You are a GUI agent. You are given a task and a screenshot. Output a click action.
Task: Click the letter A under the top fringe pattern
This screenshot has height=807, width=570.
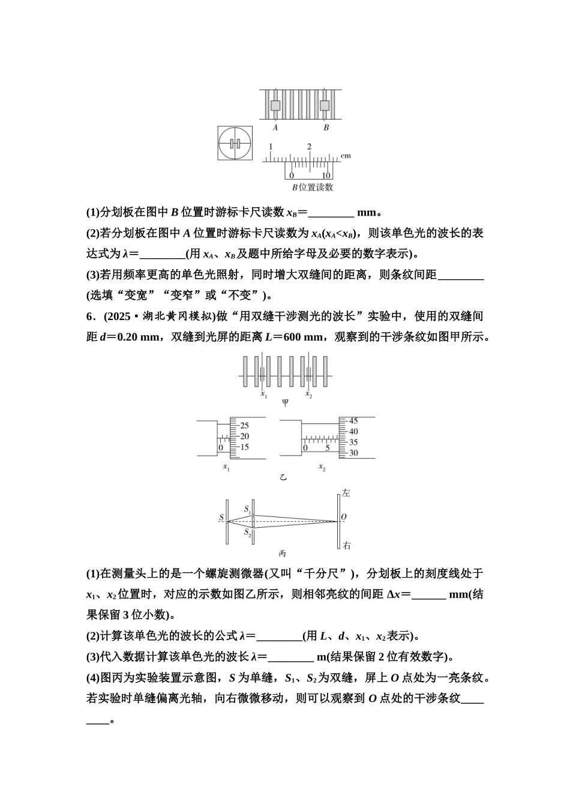click(275, 127)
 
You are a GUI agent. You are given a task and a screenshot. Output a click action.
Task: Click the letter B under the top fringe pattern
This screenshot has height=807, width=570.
click(326, 127)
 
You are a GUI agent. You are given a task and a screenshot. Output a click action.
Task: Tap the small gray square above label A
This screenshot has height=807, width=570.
click(275, 106)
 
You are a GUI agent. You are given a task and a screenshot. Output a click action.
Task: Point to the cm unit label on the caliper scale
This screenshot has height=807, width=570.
click(346, 156)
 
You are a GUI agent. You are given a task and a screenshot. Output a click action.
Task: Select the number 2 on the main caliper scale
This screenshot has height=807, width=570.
click(310, 147)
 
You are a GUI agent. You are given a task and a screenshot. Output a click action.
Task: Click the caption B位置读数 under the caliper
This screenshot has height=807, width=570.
click(312, 187)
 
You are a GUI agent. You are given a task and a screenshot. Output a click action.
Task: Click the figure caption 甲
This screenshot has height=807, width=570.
click(285, 402)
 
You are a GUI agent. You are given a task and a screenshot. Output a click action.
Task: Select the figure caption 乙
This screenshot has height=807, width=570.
click(283, 478)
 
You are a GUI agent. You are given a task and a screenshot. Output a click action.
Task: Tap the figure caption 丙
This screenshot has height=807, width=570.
click(283, 554)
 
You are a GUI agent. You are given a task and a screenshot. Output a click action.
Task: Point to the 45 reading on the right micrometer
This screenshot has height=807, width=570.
click(353, 421)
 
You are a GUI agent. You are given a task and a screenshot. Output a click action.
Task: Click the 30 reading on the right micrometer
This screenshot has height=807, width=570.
click(353, 453)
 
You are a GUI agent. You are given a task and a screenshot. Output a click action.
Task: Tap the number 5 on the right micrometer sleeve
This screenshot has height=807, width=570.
click(327, 448)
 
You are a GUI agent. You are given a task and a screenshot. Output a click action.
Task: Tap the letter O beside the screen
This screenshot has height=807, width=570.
click(344, 517)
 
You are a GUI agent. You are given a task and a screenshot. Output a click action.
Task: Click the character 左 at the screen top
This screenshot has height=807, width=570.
click(346, 493)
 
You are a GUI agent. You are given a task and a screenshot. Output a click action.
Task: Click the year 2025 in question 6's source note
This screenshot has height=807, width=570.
click(119, 316)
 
